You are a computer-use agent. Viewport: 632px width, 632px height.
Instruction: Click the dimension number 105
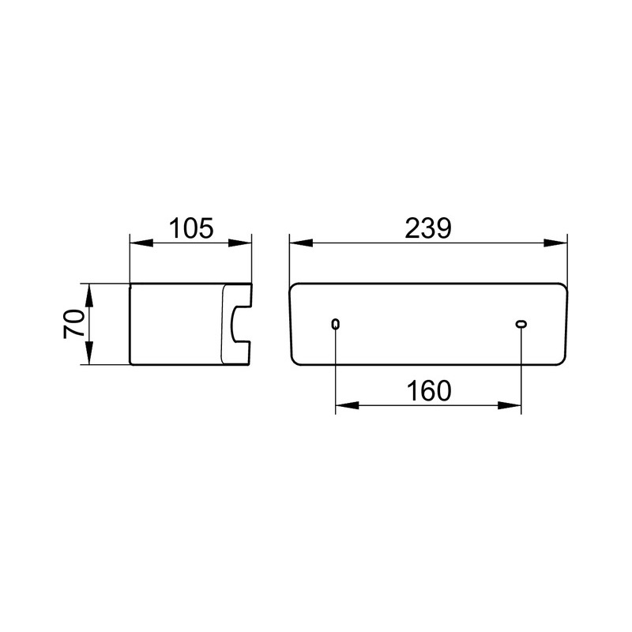point(190,228)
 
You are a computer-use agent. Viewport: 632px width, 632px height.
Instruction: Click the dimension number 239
point(428,228)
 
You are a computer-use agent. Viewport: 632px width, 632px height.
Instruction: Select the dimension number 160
point(429,391)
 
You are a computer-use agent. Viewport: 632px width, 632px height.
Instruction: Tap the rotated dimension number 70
point(74,324)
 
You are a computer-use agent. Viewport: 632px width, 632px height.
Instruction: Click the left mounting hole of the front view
point(335,324)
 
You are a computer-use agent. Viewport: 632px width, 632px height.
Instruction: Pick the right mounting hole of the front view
point(521,324)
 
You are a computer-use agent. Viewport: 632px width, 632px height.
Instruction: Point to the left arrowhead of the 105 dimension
point(141,243)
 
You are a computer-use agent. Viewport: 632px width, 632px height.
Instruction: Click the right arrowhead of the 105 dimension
point(240,243)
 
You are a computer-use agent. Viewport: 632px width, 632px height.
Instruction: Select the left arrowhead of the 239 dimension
point(301,243)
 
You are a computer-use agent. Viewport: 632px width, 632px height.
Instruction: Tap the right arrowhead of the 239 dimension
point(555,243)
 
